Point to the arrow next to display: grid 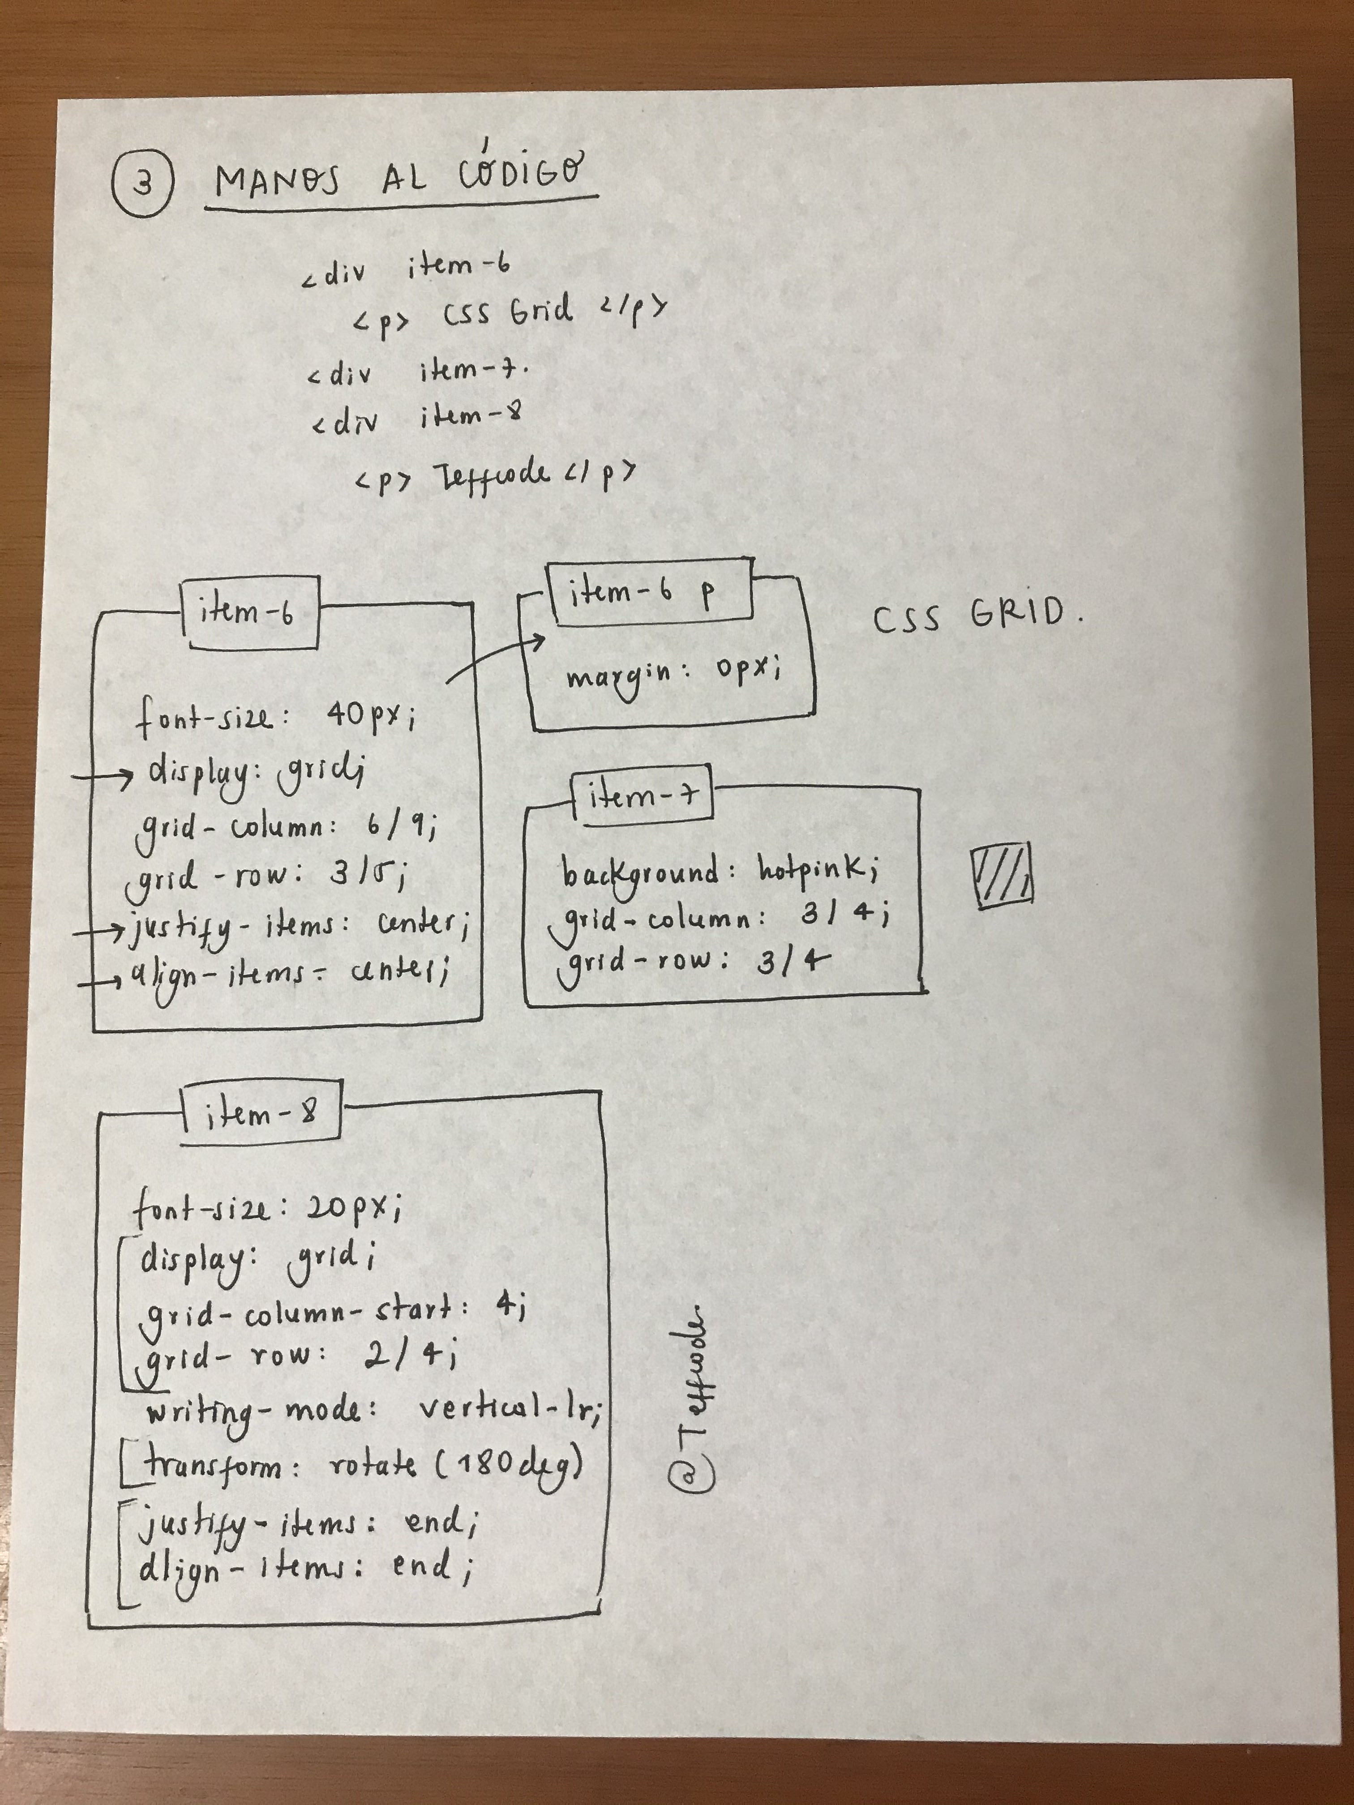click(x=103, y=778)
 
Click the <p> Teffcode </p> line click(x=495, y=476)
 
